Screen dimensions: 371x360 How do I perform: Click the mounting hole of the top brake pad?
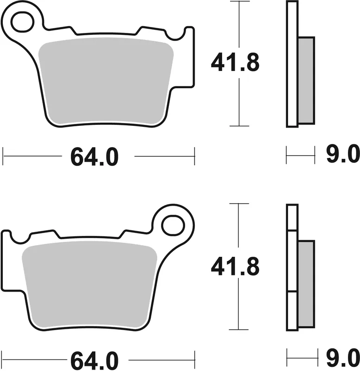22,22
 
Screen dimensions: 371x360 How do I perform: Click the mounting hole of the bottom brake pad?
173,225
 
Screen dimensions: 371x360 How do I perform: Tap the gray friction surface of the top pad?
107,81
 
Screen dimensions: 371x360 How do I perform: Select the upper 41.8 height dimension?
235,64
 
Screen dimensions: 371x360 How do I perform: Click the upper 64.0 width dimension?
95,157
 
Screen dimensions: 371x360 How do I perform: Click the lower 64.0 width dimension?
95,360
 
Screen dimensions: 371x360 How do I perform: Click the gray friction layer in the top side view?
306,80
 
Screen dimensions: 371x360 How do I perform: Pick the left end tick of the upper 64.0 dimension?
3,156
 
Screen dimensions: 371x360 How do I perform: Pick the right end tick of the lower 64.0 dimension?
194,359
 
